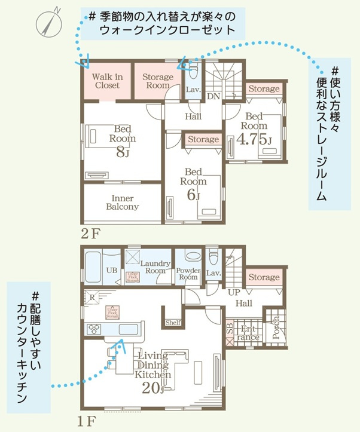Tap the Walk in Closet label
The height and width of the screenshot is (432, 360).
click(x=106, y=81)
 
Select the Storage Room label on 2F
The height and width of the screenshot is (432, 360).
click(x=158, y=81)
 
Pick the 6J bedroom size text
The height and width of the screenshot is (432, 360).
click(x=195, y=195)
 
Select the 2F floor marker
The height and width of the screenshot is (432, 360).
click(x=92, y=233)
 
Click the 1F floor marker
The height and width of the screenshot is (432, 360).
click(x=87, y=421)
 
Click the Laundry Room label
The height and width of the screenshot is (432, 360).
click(x=155, y=267)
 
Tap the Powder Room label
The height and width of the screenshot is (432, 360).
click(x=189, y=274)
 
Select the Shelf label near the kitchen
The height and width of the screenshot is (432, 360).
click(x=173, y=322)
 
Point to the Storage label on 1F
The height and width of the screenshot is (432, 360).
click(x=263, y=277)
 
